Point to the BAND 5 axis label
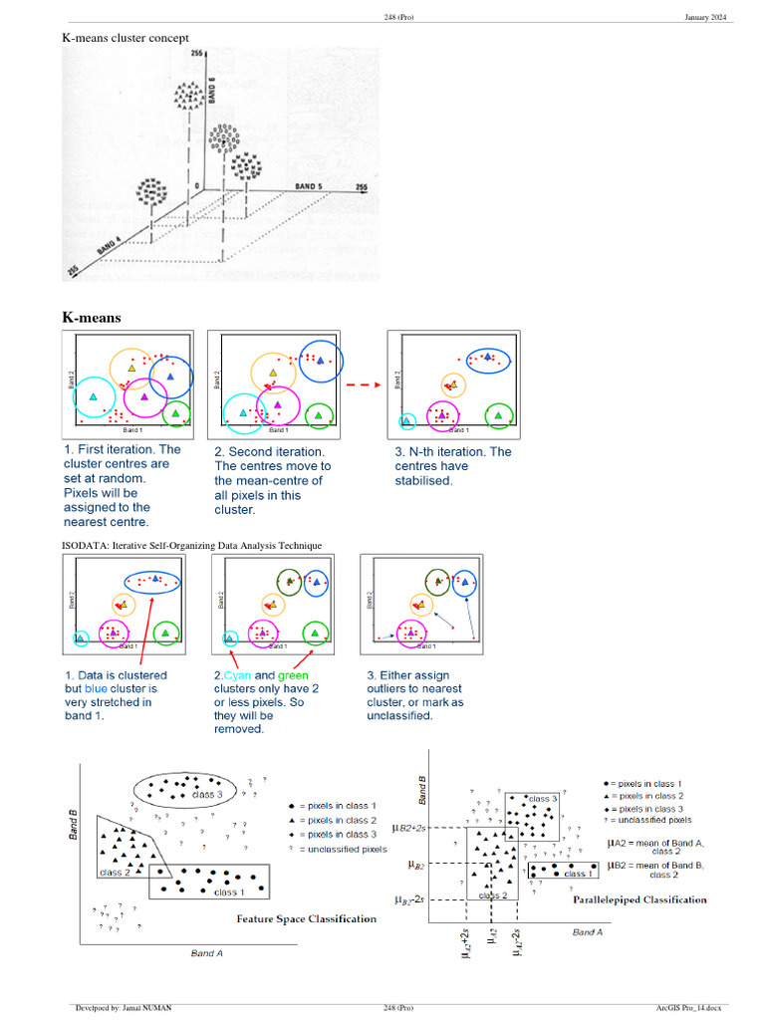[x=308, y=187]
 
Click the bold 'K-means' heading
[x=92, y=318]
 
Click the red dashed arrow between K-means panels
[x=364, y=384]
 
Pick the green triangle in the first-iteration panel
[x=175, y=412]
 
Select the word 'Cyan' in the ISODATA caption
[x=239, y=674]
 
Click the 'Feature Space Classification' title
[x=306, y=918]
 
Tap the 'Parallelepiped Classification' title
[x=639, y=899]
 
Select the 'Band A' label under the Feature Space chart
[x=207, y=953]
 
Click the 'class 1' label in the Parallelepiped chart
[x=575, y=874]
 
